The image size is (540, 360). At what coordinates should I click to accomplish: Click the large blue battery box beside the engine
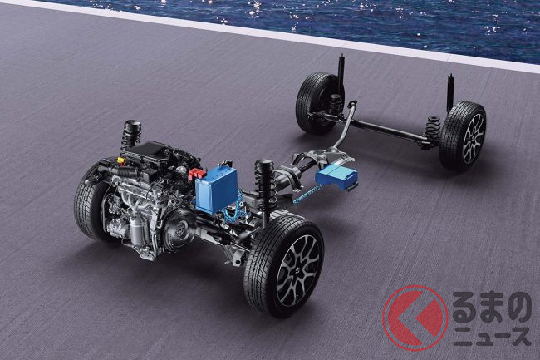click(216, 189)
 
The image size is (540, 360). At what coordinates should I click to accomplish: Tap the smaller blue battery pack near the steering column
click(336, 176)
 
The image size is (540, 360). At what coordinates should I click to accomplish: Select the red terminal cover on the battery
click(197, 174)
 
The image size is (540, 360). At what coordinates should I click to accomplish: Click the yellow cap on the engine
click(120, 160)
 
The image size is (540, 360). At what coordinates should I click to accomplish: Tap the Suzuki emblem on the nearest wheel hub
click(297, 272)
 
